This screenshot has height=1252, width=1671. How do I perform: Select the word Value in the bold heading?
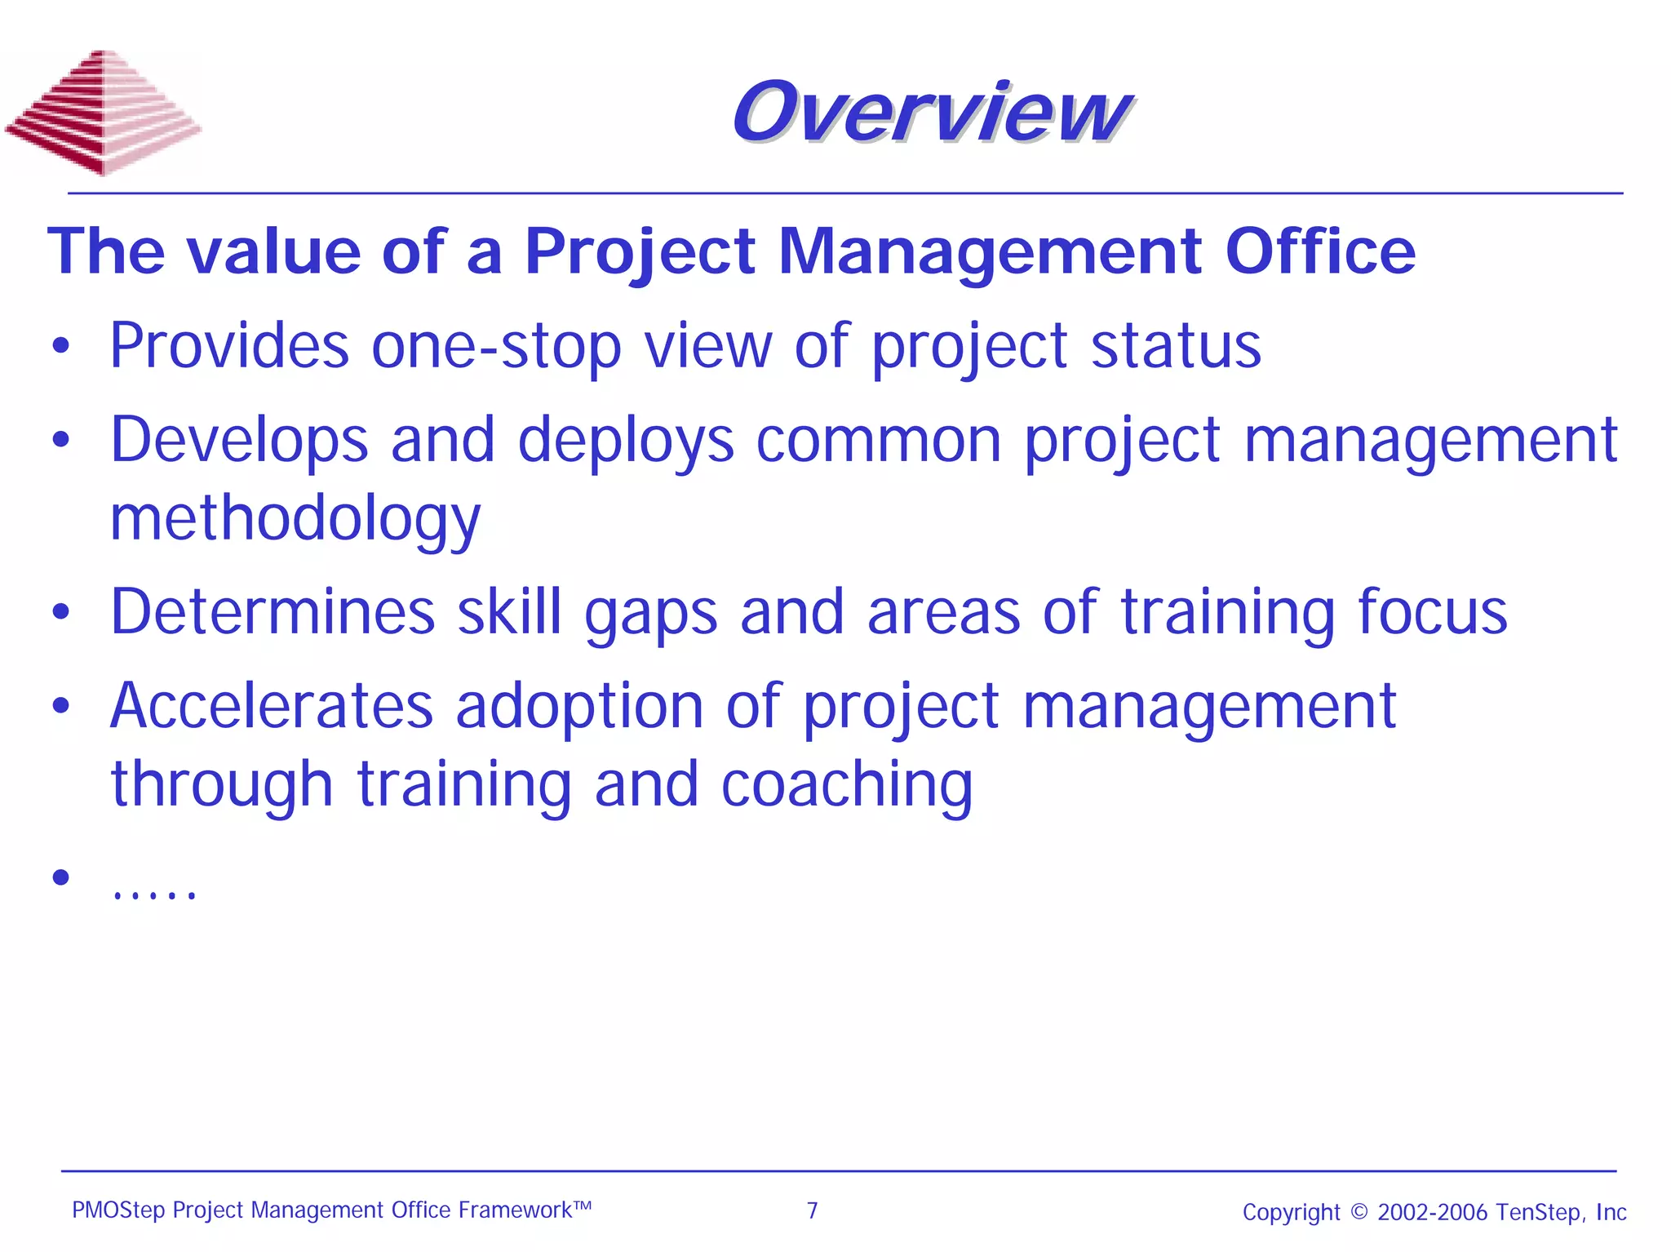[x=273, y=251]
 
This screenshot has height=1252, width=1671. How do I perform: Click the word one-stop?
[x=496, y=347]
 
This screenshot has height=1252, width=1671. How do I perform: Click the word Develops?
[x=239, y=441]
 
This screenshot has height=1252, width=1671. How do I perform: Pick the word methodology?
[x=295, y=519]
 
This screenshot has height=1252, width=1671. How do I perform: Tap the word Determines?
[x=273, y=612]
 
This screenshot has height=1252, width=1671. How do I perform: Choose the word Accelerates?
[x=272, y=706]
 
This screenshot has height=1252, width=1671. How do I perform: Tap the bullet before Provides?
[x=60, y=347]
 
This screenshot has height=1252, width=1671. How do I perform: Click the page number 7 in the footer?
[x=812, y=1210]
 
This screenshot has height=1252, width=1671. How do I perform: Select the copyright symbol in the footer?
[x=1359, y=1211]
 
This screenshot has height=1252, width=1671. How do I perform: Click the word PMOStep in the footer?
[x=118, y=1210]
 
